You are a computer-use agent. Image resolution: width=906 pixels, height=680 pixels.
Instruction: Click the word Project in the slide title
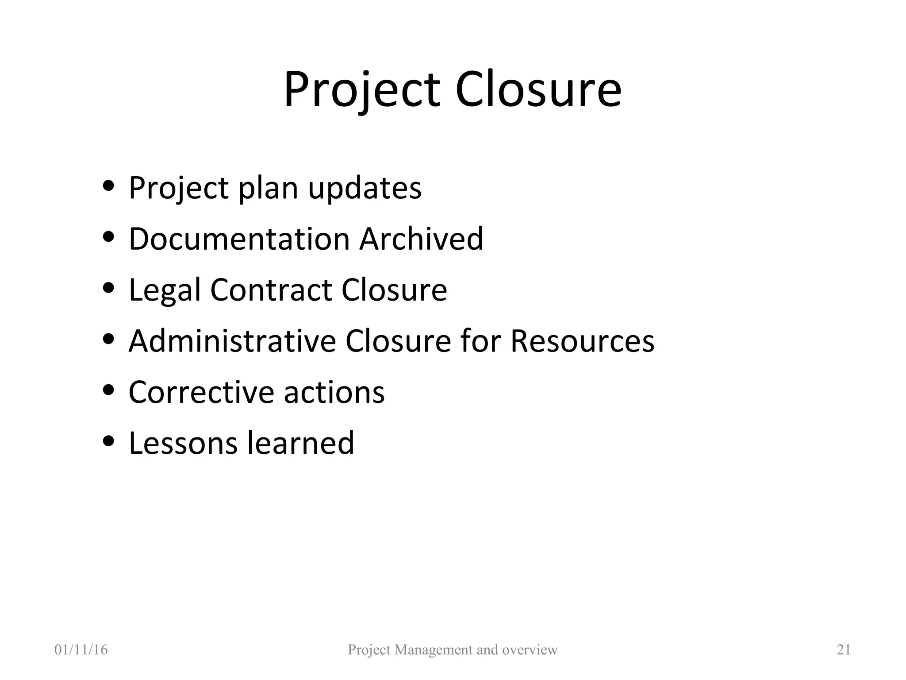362,91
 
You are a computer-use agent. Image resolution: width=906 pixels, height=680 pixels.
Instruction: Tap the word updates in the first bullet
365,189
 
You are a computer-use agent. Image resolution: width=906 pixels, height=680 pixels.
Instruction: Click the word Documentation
239,239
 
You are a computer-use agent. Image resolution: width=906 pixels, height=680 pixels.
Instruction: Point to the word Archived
421,239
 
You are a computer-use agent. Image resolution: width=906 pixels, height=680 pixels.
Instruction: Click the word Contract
271,290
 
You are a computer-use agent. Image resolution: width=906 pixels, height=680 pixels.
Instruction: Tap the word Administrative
232,341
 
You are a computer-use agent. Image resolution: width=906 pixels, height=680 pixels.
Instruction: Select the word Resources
582,341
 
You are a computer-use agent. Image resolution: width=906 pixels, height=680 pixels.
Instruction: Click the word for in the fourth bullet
480,341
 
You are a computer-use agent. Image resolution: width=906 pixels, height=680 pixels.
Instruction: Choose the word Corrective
201,392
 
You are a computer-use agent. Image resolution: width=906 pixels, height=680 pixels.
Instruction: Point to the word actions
334,392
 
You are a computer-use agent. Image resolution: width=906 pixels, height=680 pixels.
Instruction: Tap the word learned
301,443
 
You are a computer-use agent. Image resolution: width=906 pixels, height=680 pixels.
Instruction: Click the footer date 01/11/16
81,649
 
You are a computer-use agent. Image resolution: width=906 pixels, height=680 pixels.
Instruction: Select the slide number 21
844,649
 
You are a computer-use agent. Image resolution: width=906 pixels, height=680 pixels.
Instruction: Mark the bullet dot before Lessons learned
108,441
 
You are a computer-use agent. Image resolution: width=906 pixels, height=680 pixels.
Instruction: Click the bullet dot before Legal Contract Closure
108,288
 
